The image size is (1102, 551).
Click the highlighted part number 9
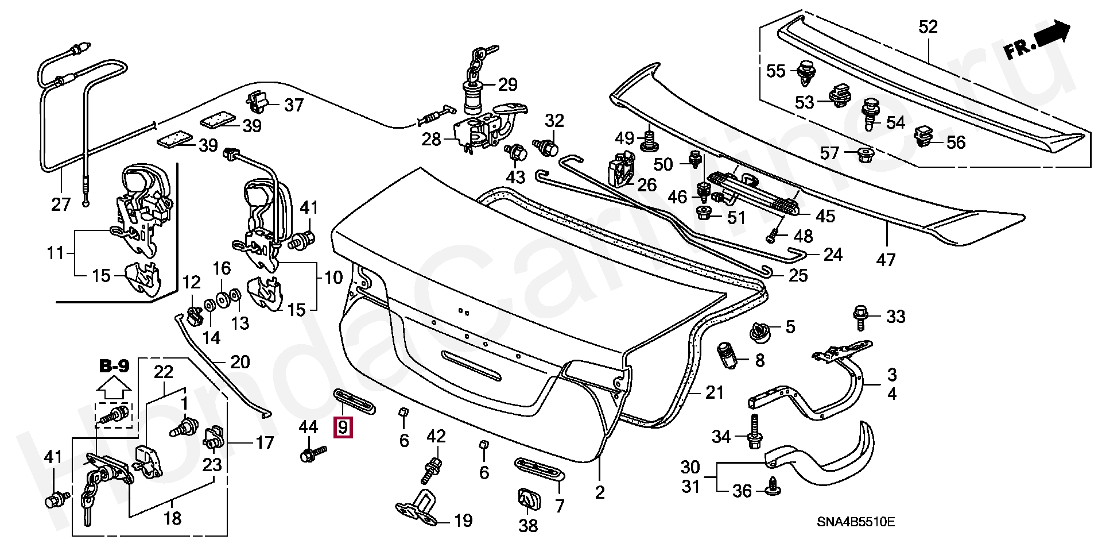click(x=343, y=427)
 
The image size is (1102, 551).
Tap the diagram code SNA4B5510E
click(x=856, y=522)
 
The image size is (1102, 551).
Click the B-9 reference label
click(x=114, y=366)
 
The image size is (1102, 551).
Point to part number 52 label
click(x=928, y=27)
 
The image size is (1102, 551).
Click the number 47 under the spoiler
click(x=885, y=260)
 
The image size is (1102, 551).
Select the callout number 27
click(x=60, y=204)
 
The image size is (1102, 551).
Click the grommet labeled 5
click(x=760, y=332)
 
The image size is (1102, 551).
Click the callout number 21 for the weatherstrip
click(x=714, y=392)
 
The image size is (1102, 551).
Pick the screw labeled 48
click(x=773, y=234)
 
